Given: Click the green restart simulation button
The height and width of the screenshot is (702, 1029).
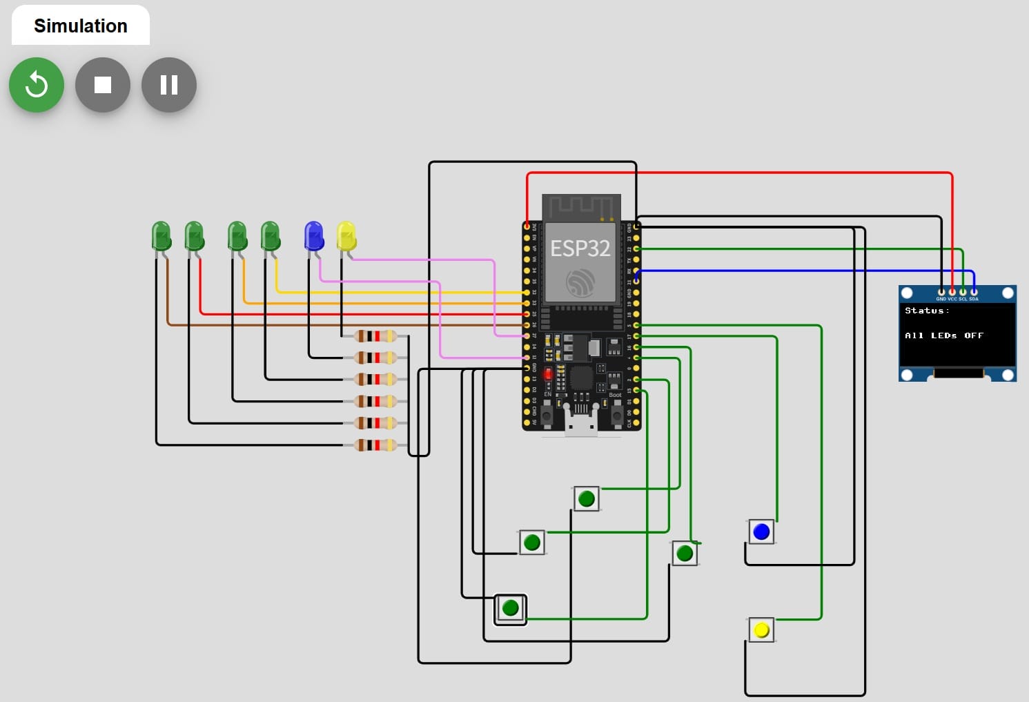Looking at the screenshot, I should coord(37,85).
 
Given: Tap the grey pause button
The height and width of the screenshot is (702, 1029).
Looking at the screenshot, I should coord(169,85).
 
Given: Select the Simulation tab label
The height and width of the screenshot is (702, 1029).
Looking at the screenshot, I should coord(81,26).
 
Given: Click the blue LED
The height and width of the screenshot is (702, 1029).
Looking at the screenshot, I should coord(314,236).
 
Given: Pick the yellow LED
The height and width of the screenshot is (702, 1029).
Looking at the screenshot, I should coord(346,236).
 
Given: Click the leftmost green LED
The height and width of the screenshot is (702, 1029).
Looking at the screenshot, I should coord(161,236).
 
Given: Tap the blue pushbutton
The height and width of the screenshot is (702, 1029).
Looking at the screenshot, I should coord(761,532).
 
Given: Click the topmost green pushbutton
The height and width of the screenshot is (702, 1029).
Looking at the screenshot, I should coord(587,498).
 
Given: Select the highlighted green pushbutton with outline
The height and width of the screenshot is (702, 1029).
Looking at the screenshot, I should coord(511,608).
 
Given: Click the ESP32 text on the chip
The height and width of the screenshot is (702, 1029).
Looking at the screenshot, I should coord(580,248).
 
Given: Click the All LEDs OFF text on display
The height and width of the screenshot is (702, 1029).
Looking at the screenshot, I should coord(943,335).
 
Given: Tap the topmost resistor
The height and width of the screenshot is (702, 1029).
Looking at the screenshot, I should coord(375,336).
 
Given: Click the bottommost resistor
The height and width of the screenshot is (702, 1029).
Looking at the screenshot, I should coord(375,445).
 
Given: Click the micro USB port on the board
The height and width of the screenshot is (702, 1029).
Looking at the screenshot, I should coord(581,421).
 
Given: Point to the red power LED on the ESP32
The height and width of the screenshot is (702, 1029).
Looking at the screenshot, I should coord(548,374).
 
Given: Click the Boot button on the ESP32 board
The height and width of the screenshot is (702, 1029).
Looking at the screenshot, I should coord(617,416).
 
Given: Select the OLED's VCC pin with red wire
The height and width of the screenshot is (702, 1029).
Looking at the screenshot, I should coord(952,293).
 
